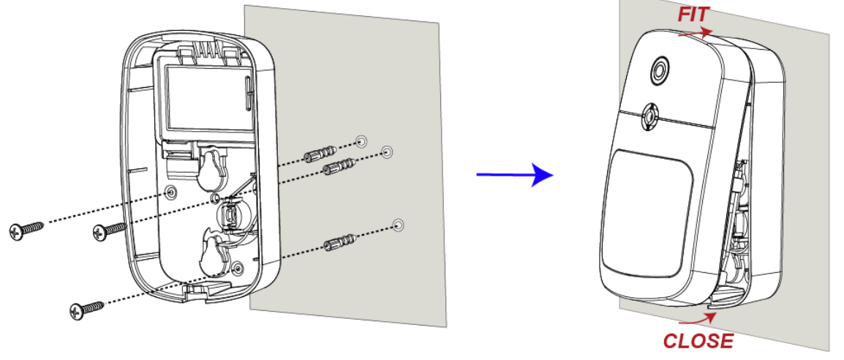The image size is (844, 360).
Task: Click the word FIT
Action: tap(693, 15)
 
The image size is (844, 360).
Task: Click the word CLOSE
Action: tap(698, 341)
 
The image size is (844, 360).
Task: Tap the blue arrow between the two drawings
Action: tap(515, 174)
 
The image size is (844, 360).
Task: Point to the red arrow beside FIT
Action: tap(696, 33)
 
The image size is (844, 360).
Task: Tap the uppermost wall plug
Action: tap(321, 153)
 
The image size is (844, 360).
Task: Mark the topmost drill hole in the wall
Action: tap(362, 141)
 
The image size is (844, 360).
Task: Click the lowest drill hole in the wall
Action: tap(398, 225)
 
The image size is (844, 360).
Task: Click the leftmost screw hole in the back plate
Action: tap(170, 192)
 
